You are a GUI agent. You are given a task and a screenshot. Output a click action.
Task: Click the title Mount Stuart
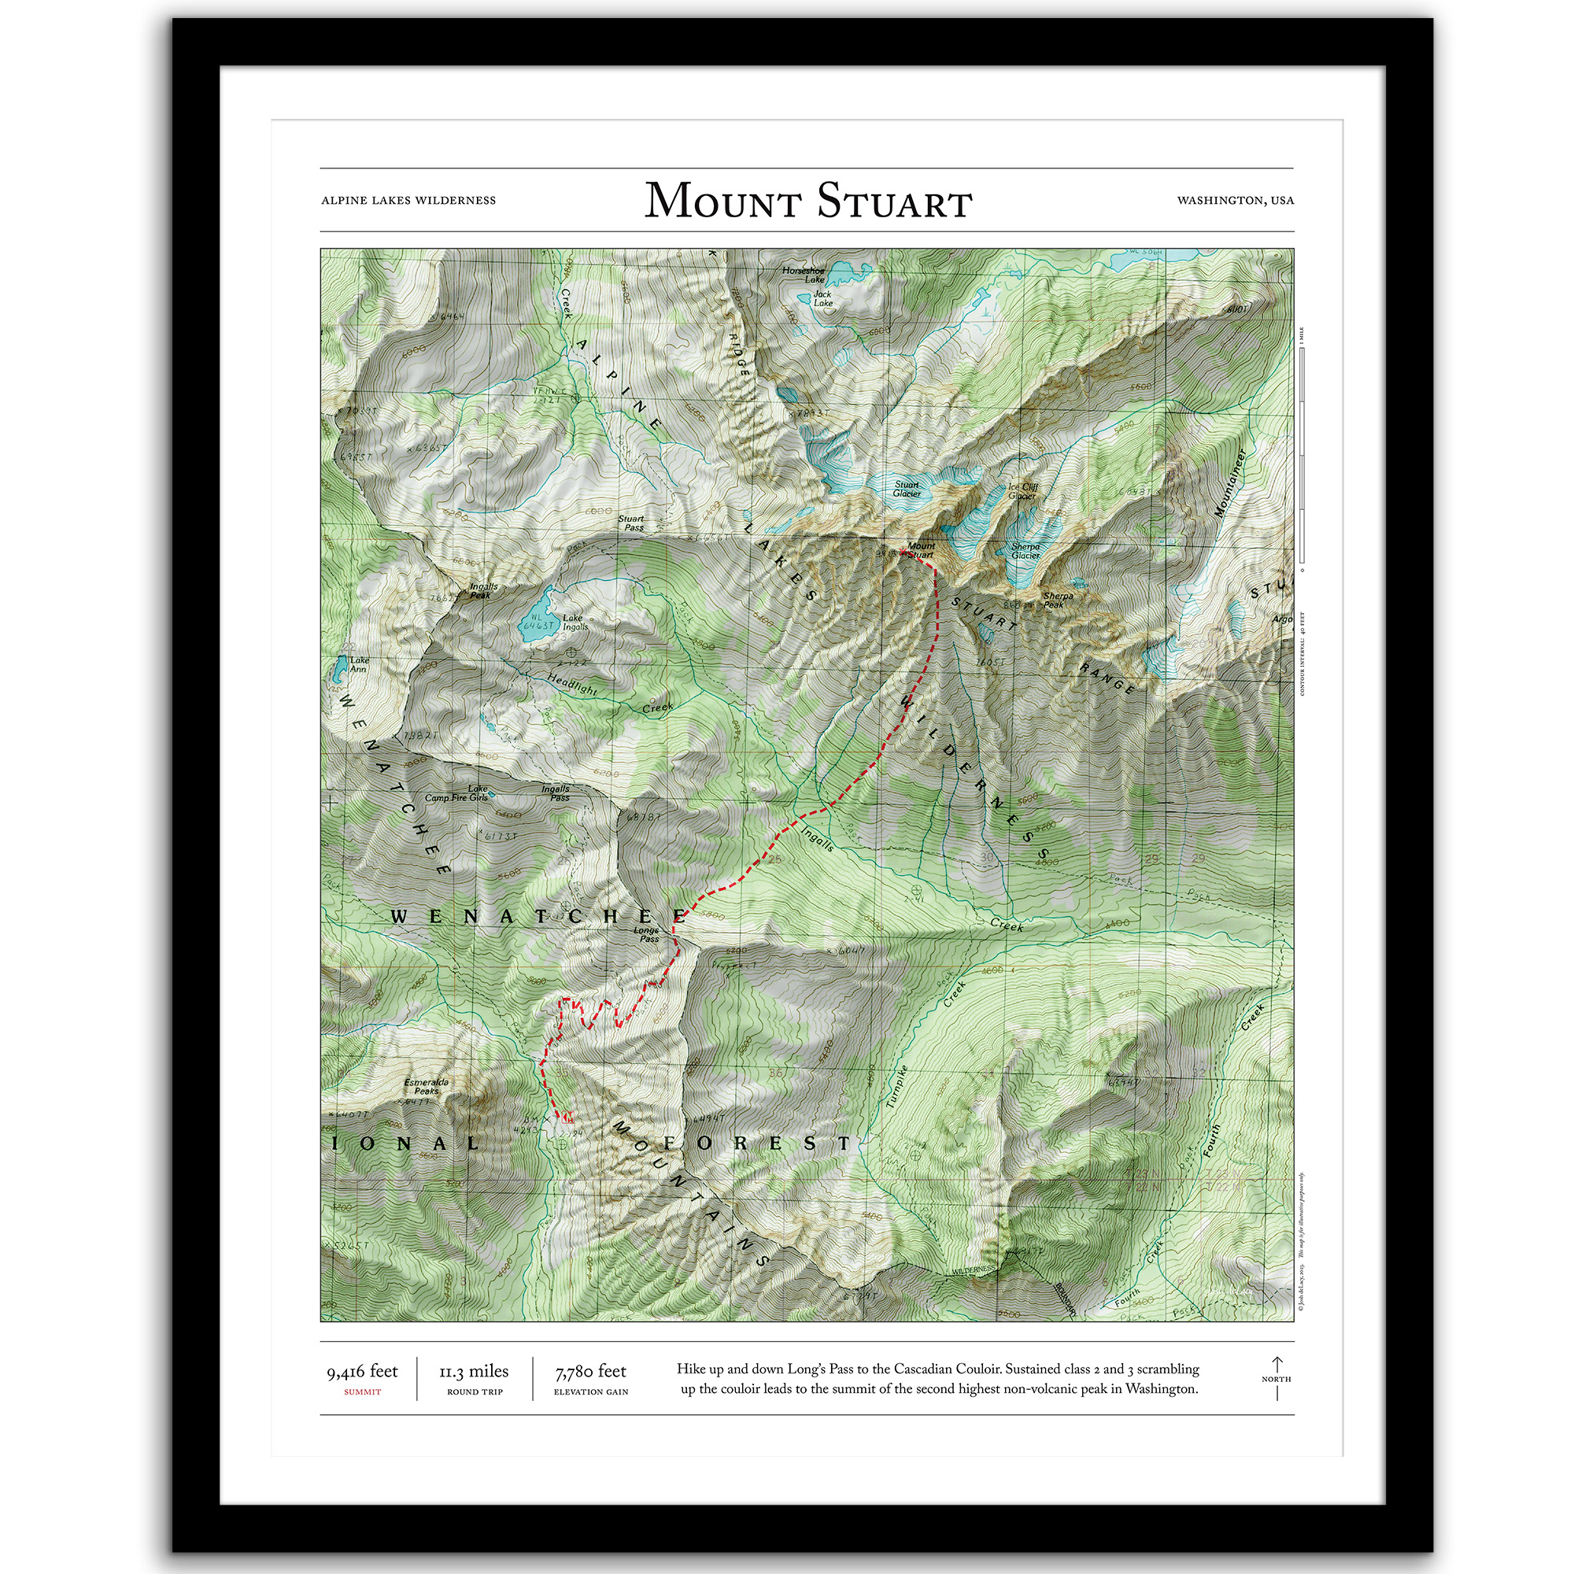pyautogui.click(x=808, y=201)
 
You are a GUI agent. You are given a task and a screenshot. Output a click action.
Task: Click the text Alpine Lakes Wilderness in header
pyautogui.click(x=408, y=201)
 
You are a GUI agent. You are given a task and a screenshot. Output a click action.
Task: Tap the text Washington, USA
pyautogui.click(x=1235, y=201)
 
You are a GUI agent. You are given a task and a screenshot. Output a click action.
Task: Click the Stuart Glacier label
pyautogui.click(x=906, y=489)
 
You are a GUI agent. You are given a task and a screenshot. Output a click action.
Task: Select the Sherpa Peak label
pyautogui.click(x=1058, y=600)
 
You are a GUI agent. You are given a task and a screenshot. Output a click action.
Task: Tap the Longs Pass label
pyautogui.click(x=648, y=934)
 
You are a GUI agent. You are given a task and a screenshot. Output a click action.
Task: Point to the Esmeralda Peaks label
pyautogui.click(x=426, y=1087)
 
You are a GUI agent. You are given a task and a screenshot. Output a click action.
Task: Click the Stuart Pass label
pyautogui.click(x=631, y=523)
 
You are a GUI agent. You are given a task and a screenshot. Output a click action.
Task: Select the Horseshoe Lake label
pyautogui.click(x=804, y=275)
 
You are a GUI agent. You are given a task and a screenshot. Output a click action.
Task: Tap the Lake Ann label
pyautogui.click(x=358, y=665)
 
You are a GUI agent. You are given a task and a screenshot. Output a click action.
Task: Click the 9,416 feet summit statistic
pyautogui.click(x=363, y=1372)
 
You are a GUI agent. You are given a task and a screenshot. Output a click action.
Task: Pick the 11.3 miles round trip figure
pyautogui.click(x=474, y=1372)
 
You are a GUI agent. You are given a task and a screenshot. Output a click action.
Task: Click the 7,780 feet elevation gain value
pyautogui.click(x=591, y=1372)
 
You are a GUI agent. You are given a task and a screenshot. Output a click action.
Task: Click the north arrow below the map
pyautogui.click(x=1277, y=1379)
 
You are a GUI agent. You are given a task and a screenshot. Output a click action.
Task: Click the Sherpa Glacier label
pyautogui.click(x=1025, y=551)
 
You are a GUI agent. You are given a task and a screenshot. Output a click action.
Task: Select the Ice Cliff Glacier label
pyautogui.click(x=1022, y=491)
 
